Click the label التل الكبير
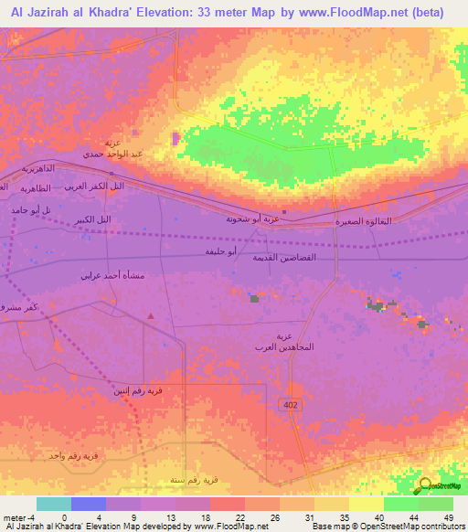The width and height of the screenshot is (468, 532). point(94,220)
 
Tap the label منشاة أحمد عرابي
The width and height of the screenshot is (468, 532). point(111,275)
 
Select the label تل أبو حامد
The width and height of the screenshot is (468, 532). point(28,210)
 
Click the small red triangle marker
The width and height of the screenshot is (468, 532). point(151,316)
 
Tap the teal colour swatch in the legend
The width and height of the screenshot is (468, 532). point(53,504)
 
